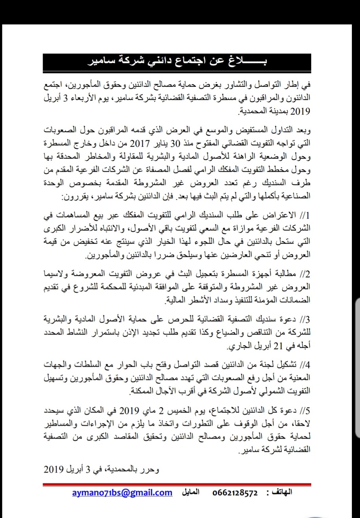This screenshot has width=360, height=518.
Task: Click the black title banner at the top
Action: [x=177, y=62]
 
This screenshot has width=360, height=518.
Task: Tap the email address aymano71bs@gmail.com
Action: [x=122, y=493]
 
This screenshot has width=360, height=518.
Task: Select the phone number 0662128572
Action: [x=235, y=493]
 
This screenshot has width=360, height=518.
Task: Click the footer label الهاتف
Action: [x=281, y=493]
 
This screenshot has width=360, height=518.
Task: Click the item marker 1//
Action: [x=305, y=216]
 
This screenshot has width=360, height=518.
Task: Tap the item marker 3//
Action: [x=305, y=320]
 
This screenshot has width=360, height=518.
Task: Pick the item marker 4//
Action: [x=305, y=365]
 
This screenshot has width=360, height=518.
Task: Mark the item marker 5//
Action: [x=305, y=411]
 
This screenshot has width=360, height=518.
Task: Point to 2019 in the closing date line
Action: [x=54, y=470]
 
